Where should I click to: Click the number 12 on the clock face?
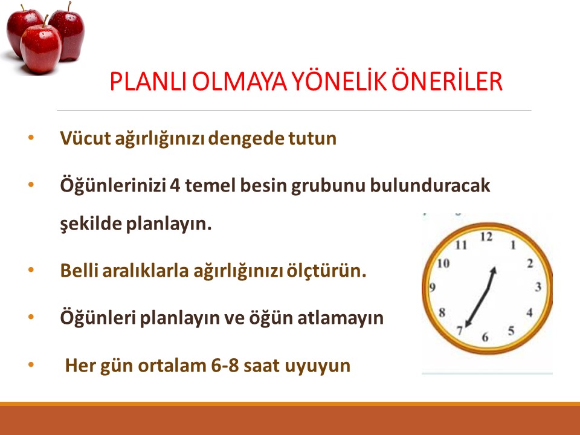click(x=486, y=237)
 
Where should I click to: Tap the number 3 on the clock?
click(x=537, y=286)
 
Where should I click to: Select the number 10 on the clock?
click(x=444, y=263)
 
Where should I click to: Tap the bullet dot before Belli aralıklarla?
click(x=31, y=270)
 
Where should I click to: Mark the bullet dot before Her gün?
click(x=31, y=365)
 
